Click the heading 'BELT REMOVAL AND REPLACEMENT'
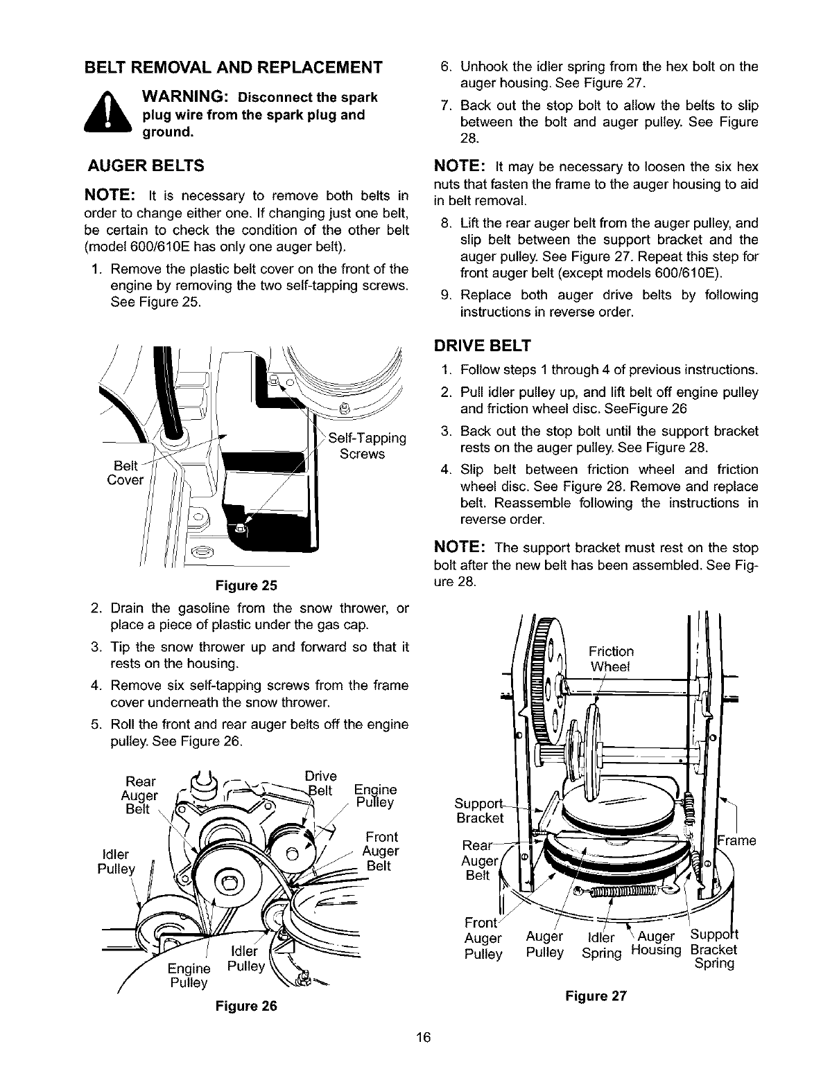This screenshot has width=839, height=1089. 232,68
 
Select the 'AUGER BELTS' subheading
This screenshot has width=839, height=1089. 146,166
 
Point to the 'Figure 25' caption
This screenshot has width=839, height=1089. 246,585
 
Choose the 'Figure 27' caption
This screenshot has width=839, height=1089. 596,996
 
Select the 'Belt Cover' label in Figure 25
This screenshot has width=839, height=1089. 125,472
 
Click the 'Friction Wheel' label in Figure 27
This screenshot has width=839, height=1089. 610,659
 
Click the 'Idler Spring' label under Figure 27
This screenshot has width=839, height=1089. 601,946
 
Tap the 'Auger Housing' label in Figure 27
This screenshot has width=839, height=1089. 655,946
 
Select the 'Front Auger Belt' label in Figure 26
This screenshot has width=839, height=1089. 381,851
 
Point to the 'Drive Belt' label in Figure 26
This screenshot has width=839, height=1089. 320,783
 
